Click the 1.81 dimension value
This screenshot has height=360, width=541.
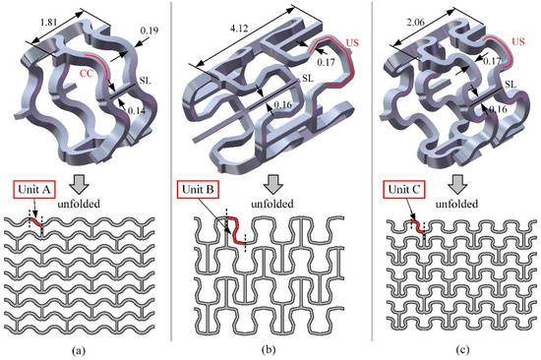48,24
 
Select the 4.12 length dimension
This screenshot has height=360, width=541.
239,28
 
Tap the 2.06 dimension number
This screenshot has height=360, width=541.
415,24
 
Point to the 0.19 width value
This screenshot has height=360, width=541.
150,30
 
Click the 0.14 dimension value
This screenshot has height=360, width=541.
137,111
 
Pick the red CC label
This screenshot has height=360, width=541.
87,73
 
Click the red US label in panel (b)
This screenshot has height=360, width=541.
352,43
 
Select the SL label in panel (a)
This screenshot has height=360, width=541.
146,81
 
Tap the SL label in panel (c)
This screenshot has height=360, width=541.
511,84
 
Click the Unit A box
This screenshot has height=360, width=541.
34,190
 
